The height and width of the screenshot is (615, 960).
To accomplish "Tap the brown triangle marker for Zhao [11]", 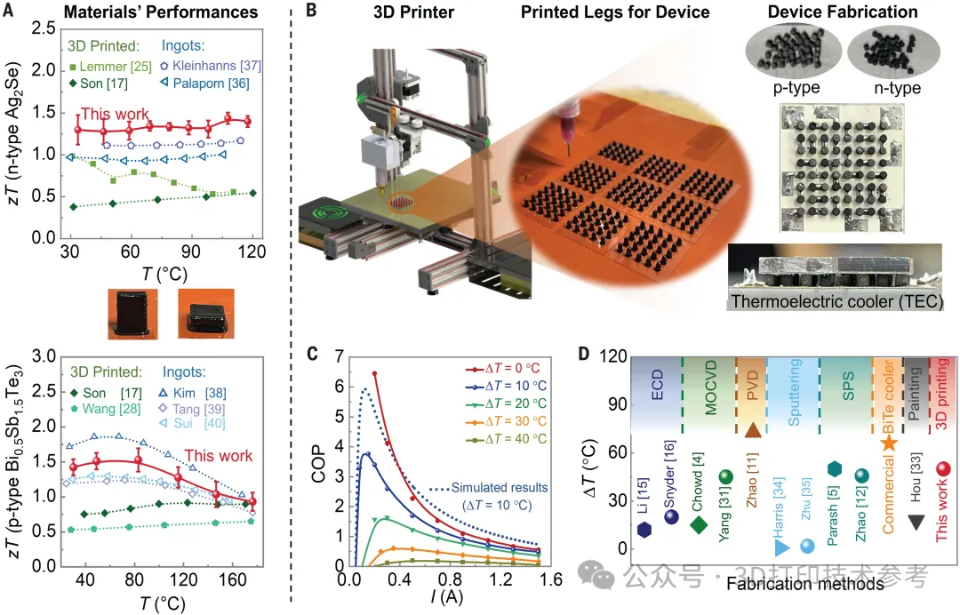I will [x=751, y=431].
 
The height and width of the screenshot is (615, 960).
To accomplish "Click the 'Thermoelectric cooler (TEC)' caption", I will [x=836, y=301].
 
